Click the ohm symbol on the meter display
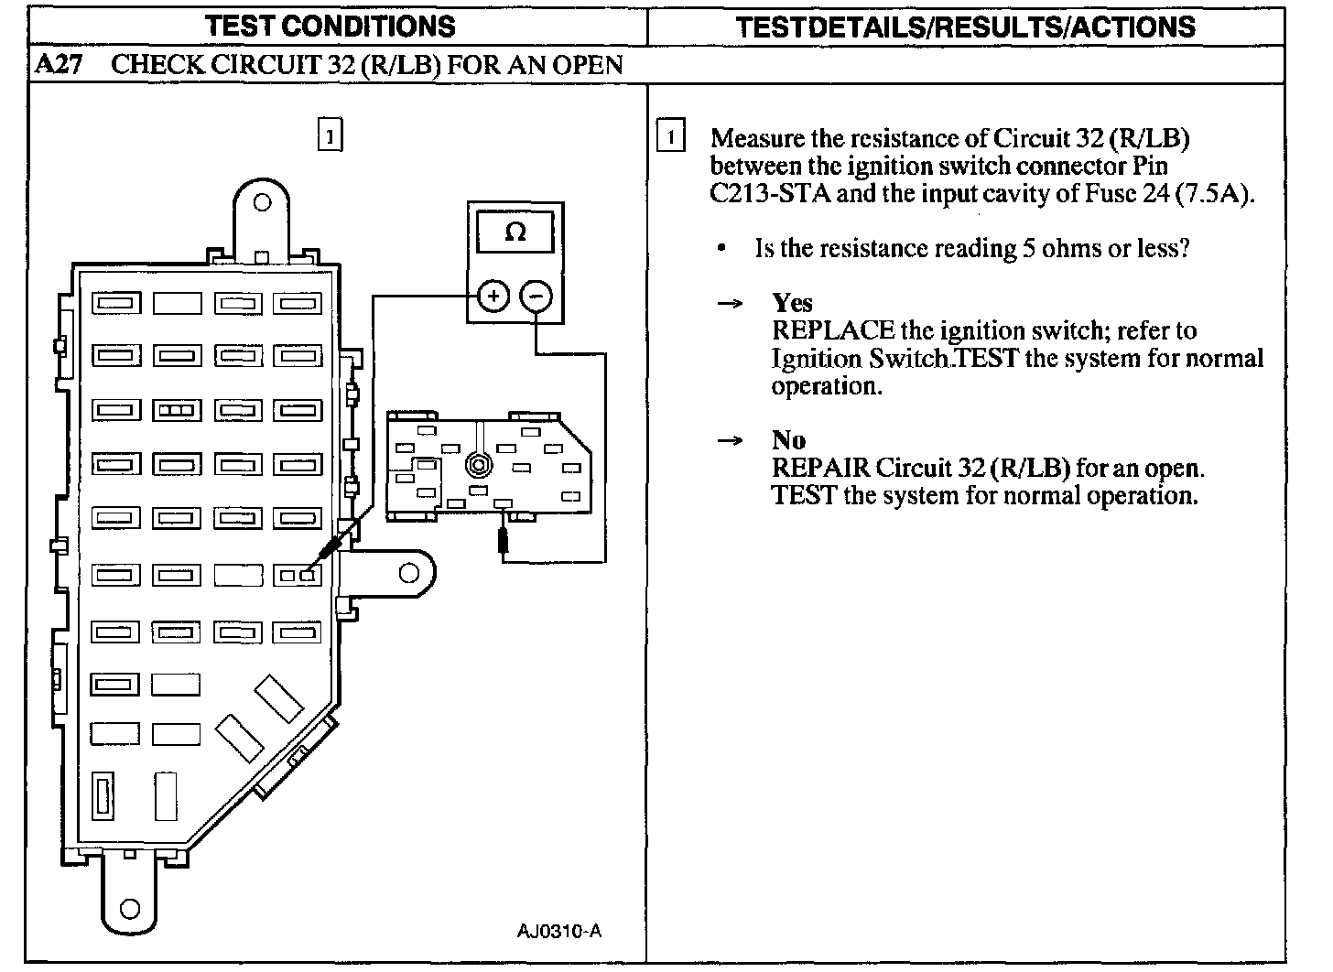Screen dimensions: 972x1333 tap(515, 232)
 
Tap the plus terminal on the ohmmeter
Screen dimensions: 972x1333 tap(493, 296)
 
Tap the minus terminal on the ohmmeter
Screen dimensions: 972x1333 tap(536, 296)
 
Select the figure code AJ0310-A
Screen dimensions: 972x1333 tap(558, 932)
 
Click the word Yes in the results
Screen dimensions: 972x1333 tap(792, 303)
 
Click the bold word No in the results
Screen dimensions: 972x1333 tap(788, 440)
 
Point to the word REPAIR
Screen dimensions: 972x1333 tap(820, 468)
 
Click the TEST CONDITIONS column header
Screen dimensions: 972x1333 tap(331, 26)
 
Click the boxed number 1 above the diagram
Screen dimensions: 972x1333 tap(330, 135)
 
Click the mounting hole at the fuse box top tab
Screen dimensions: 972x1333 tap(262, 202)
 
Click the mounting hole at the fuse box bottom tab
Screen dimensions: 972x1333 tap(130, 909)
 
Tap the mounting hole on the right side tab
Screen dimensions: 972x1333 tap(409, 574)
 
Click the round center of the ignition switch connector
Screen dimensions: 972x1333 tap(477, 465)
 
